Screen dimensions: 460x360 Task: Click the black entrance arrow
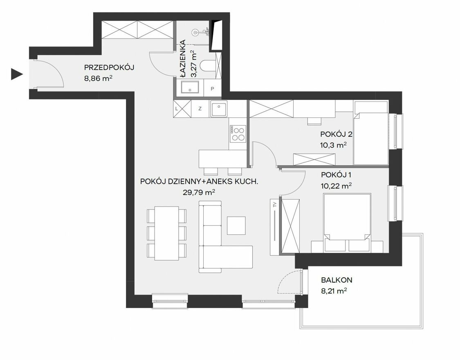tap(16, 74)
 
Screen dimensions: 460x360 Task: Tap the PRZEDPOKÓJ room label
tap(109, 67)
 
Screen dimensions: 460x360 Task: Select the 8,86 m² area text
tap(98, 79)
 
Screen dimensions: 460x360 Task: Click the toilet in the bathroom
tap(207, 65)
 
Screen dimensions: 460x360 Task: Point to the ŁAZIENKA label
tap(183, 59)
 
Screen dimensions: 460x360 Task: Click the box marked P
tap(212, 88)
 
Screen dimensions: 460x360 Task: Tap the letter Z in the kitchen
tap(200, 109)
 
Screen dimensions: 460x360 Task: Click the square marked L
tap(177, 108)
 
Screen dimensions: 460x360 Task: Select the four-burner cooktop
tap(238, 134)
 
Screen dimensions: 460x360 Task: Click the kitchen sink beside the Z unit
tap(219, 108)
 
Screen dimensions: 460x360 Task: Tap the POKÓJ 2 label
tap(336, 134)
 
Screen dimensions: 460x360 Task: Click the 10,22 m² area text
tap(336, 186)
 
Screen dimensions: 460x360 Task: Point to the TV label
tap(275, 205)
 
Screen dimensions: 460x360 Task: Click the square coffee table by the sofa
tap(236, 225)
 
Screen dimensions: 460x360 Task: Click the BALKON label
tap(337, 280)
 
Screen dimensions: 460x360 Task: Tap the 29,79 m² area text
tap(199, 192)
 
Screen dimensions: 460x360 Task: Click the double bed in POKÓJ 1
tap(347, 223)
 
